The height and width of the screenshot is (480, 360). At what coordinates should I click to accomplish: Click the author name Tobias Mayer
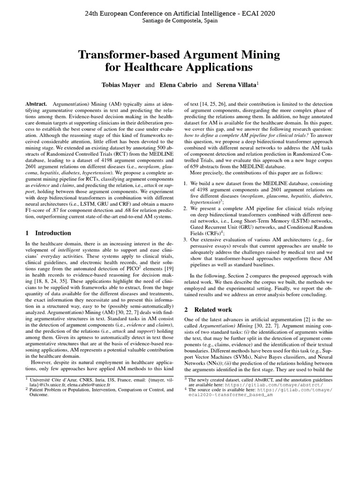[x=121, y=85]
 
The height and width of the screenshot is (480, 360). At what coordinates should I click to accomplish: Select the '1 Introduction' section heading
[x=49, y=233]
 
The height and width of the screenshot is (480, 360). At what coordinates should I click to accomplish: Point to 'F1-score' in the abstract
[x=36, y=208]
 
